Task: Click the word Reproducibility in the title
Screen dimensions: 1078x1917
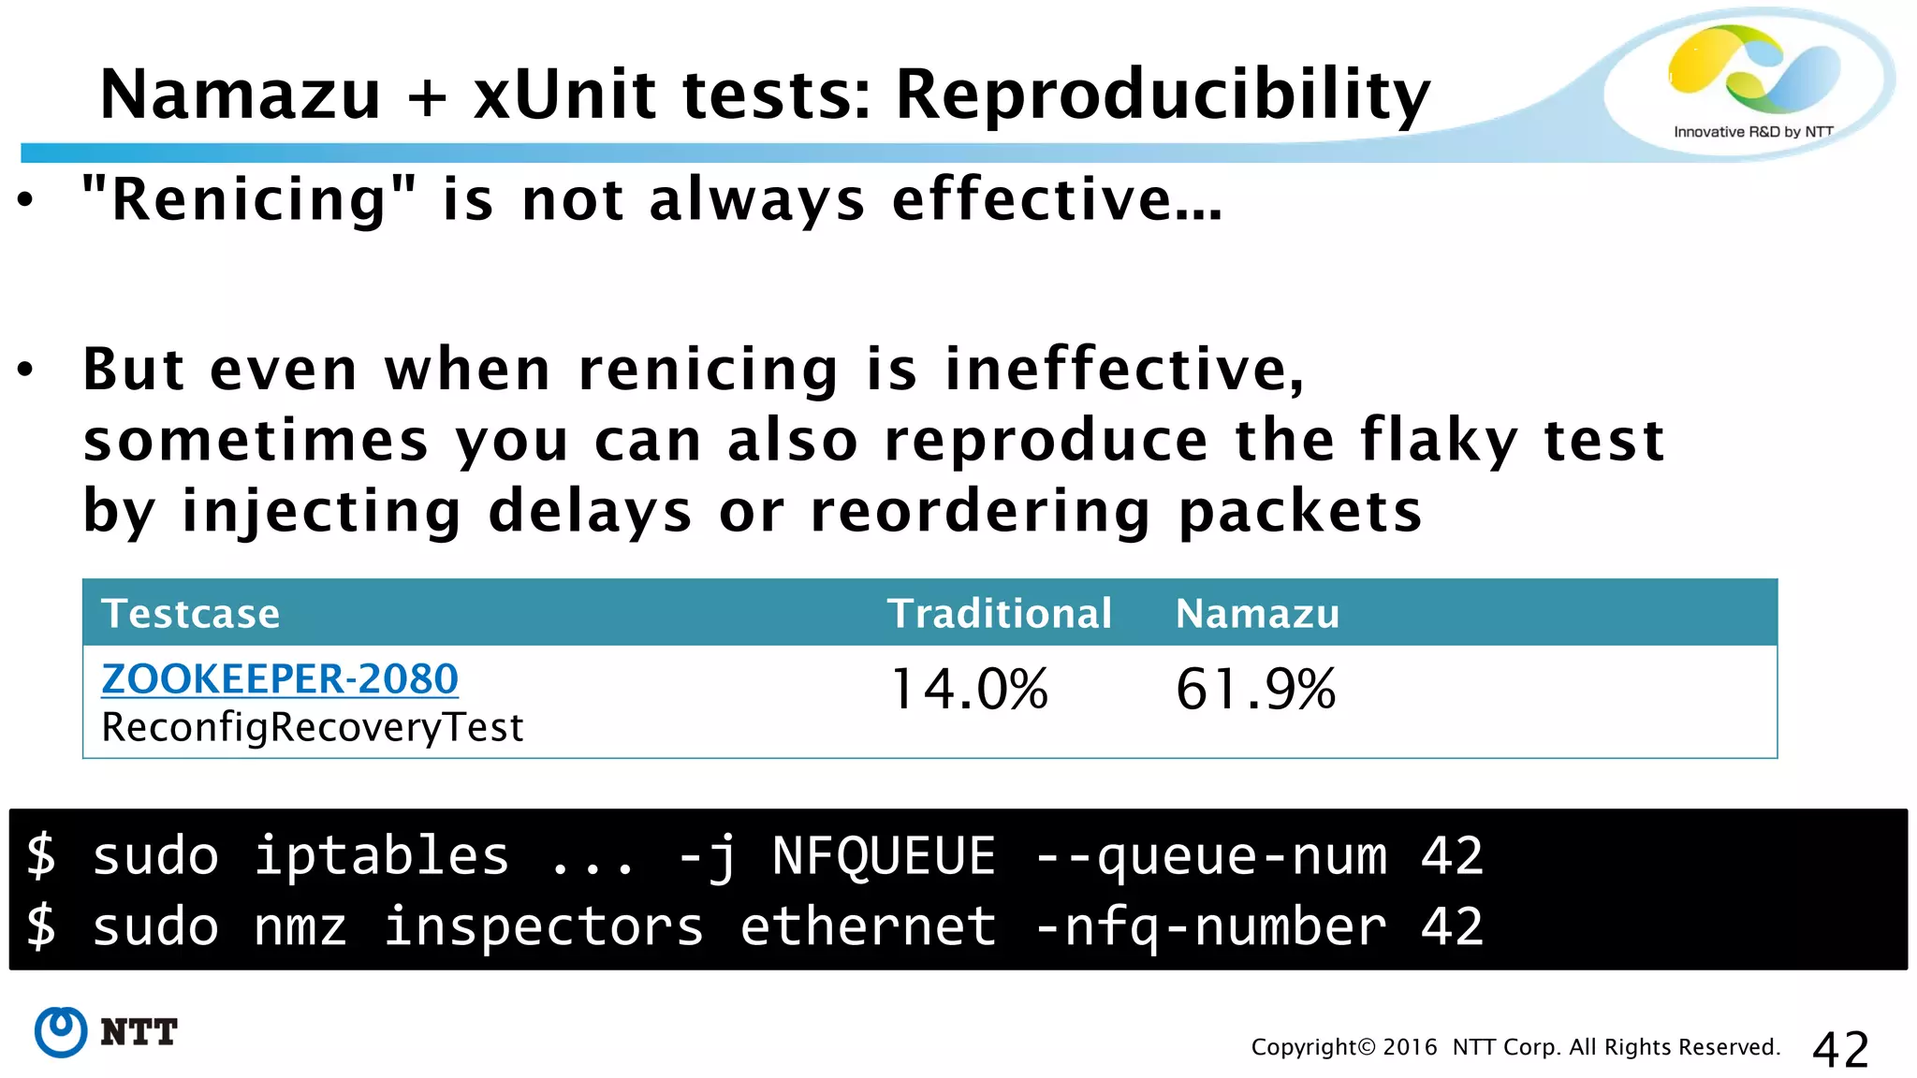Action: point(1163,95)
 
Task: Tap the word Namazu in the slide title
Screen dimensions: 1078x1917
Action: point(240,95)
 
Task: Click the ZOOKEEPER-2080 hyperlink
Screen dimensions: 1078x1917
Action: point(280,679)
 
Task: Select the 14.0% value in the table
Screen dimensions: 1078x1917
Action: point(970,690)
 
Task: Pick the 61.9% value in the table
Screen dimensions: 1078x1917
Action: point(1255,690)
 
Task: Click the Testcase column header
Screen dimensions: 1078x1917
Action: point(191,614)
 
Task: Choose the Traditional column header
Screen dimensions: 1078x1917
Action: point(1000,614)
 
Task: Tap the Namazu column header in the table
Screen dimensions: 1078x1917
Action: point(1257,614)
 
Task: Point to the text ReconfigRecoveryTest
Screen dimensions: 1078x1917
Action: point(313,728)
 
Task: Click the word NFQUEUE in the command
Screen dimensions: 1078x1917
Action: point(884,856)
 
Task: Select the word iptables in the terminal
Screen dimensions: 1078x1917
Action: point(382,856)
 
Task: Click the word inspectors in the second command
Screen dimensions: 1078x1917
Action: point(543,927)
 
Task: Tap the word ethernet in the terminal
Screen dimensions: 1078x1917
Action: point(869,927)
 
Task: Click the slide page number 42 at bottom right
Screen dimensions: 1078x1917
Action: point(1840,1049)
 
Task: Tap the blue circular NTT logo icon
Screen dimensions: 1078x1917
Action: point(61,1032)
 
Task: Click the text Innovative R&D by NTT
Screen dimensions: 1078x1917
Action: point(1752,132)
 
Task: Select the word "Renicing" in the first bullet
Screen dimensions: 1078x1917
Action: point(249,200)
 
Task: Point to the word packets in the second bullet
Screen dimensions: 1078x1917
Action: point(1300,512)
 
